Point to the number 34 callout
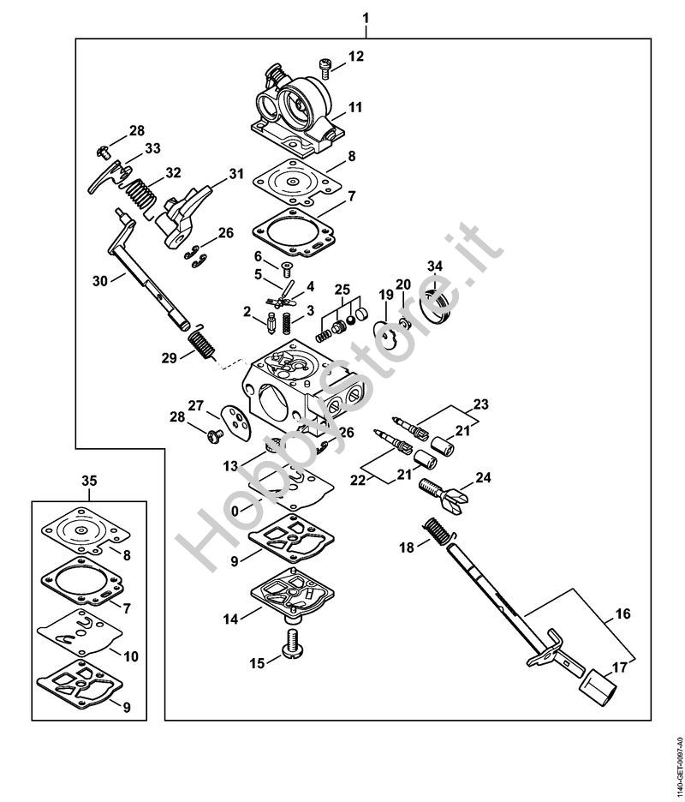point(435,266)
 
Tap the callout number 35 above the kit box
point(90,480)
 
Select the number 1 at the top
point(366,18)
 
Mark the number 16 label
point(622,614)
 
